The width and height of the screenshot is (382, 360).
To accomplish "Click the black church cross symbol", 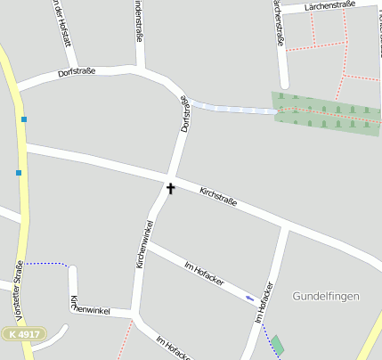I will pyautogui.click(x=170, y=189).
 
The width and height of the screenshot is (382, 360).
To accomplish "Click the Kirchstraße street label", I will pyautogui.click(x=218, y=197).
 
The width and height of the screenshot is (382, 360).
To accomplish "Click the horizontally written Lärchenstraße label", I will pyautogui.click(x=329, y=6).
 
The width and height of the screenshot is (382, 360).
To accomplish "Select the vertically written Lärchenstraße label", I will pyautogui.click(x=278, y=23).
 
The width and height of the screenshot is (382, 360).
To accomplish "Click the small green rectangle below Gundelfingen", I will pyautogui.click(x=278, y=345).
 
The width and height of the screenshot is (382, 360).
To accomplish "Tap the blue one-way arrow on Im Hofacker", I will pyautogui.click(x=250, y=298).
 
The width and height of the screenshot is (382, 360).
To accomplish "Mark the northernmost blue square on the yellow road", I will pyautogui.click(x=24, y=119).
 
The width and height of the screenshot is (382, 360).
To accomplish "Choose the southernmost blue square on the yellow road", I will pyautogui.click(x=18, y=173).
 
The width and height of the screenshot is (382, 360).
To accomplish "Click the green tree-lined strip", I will pyautogui.click(x=326, y=112).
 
